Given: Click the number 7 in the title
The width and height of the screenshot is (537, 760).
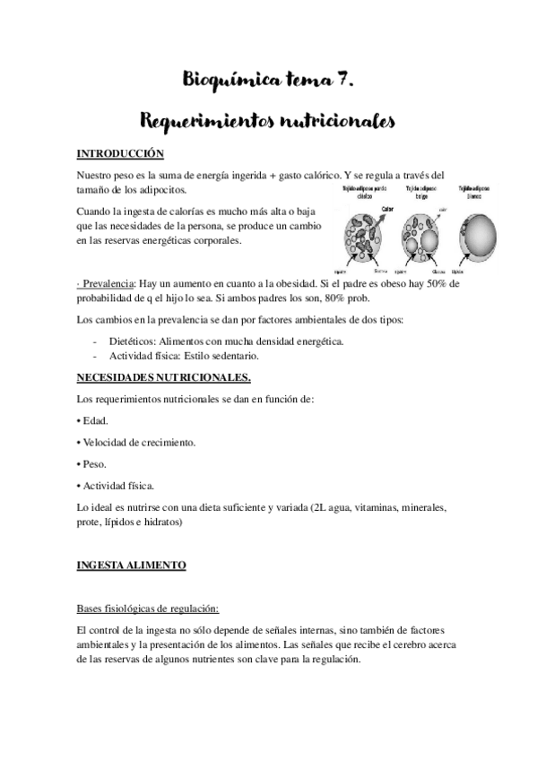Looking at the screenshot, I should (343, 83).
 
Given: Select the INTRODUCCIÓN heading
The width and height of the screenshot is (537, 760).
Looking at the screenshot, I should (120, 153).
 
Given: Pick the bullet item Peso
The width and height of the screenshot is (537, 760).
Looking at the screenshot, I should (93, 464).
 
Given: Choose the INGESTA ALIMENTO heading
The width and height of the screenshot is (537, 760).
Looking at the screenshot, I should (131, 566).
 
